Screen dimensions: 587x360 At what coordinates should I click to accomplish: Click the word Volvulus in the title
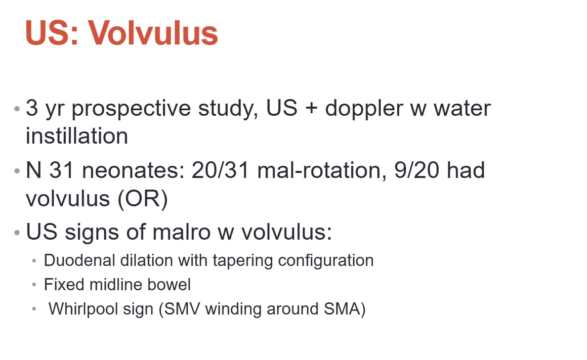click(x=153, y=33)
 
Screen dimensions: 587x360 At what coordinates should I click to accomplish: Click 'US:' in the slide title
click(x=52, y=33)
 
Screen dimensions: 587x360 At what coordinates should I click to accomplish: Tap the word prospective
click(x=131, y=109)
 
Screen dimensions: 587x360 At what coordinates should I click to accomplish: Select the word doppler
click(x=363, y=109)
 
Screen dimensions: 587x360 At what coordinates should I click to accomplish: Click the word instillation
click(x=77, y=136)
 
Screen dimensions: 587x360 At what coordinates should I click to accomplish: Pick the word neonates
click(x=133, y=170)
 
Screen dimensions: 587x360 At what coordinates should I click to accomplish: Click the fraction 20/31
click(x=221, y=170)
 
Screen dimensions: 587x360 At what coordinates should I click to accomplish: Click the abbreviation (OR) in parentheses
click(x=143, y=199)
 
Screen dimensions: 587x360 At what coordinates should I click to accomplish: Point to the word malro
click(x=181, y=232)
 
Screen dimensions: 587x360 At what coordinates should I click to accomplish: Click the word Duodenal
click(x=79, y=260)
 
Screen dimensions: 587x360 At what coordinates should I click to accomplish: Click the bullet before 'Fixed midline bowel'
click(x=34, y=285)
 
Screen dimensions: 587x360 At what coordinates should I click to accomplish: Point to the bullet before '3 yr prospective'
click(x=17, y=109)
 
